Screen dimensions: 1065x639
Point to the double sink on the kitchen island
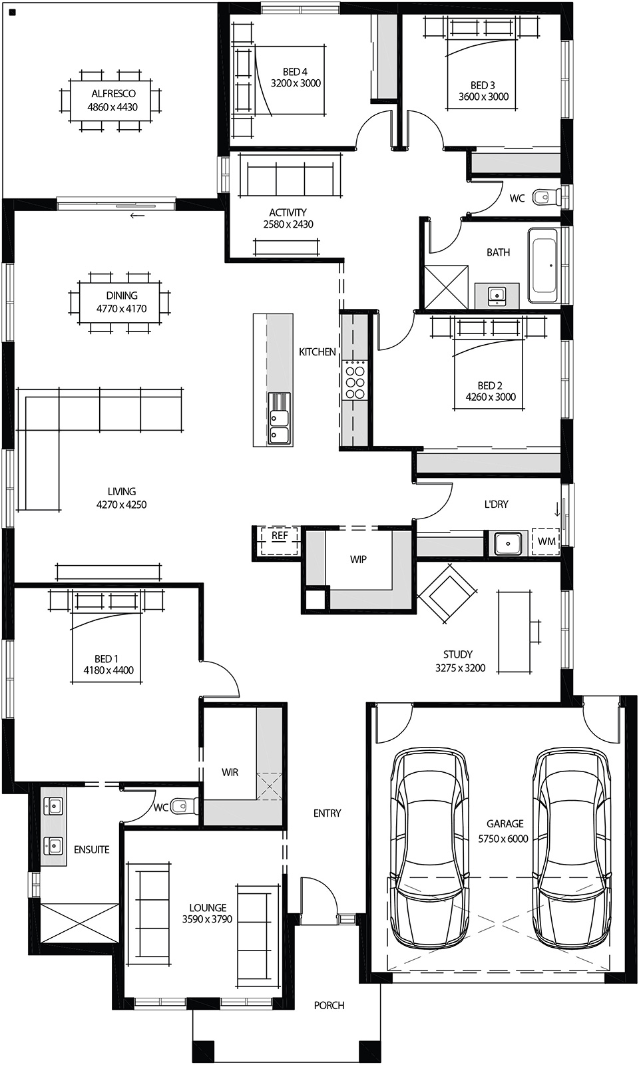[x=279, y=427]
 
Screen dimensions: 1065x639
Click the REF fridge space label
[x=280, y=535]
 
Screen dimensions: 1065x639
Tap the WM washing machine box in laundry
[x=546, y=541]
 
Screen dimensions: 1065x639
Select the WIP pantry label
[x=358, y=560]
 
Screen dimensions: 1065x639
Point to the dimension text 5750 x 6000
[x=503, y=839]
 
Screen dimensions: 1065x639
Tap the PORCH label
[x=329, y=1005]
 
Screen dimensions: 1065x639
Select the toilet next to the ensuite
[x=181, y=806]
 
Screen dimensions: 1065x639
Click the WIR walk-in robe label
[x=230, y=772]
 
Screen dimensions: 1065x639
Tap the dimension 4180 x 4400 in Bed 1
[x=108, y=670]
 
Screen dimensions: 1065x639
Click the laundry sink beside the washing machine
[x=507, y=543]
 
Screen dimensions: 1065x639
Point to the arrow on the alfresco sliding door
[x=137, y=216]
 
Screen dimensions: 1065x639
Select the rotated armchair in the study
[x=447, y=593]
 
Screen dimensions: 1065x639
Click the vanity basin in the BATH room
[x=496, y=295]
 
